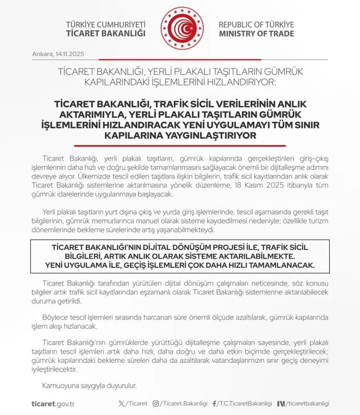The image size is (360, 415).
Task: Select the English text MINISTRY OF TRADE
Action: (x=256, y=34)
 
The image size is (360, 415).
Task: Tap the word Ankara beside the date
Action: (x=42, y=54)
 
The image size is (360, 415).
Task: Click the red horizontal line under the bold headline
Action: (x=179, y=146)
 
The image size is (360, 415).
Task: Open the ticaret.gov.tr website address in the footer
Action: (x=53, y=404)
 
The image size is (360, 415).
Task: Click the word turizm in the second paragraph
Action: (x=317, y=221)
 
